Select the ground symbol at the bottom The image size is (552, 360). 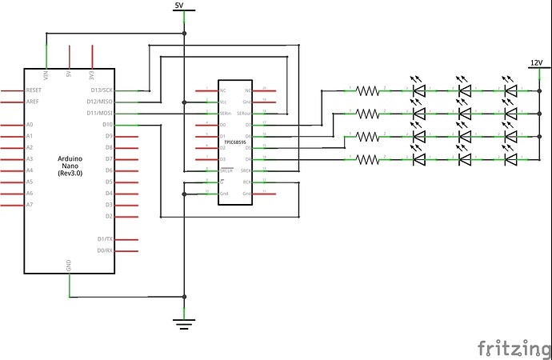click(x=184, y=324)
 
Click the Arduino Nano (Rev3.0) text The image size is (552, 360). click(x=70, y=167)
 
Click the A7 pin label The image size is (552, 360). click(x=30, y=205)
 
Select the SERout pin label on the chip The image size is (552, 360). click(x=243, y=114)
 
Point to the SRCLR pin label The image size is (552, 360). click(x=226, y=170)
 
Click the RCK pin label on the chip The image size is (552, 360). click(x=247, y=182)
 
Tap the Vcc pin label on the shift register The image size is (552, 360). click(x=224, y=102)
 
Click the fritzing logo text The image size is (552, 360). click(x=508, y=348)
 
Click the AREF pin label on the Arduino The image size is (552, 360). click(x=34, y=102)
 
